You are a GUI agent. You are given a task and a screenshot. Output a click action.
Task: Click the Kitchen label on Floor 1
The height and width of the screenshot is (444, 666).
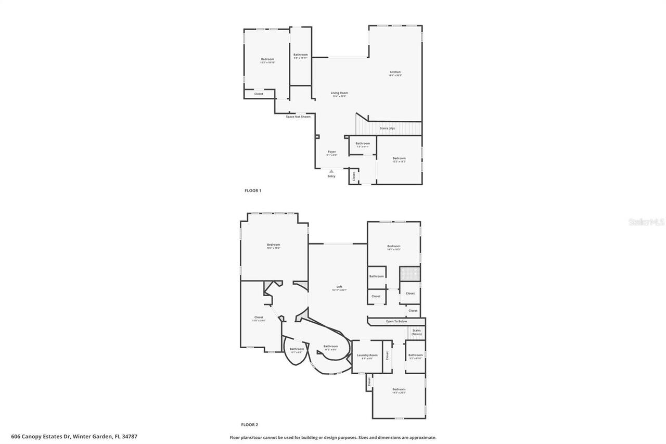(x=395, y=72)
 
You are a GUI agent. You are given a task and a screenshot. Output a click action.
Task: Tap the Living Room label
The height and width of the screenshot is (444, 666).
(x=339, y=93)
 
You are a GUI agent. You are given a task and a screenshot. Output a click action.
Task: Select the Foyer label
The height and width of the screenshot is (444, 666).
(x=331, y=152)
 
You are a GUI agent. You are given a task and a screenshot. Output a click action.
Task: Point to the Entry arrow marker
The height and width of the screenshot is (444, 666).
(x=331, y=171)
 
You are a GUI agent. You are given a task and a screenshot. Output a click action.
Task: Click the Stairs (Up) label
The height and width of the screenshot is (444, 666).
(x=387, y=128)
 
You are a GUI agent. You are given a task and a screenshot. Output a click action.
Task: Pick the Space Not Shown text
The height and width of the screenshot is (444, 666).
(x=298, y=117)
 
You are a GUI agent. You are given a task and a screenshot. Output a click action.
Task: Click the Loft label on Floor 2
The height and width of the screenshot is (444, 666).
(x=339, y=287)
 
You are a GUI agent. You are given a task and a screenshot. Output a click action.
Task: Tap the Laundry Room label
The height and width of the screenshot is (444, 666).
(x=367, y=355)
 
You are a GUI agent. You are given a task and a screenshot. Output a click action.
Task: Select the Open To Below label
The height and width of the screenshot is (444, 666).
(x=396, y=321)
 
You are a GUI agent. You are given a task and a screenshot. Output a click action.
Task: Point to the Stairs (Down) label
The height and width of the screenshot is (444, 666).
(x=416, y=332)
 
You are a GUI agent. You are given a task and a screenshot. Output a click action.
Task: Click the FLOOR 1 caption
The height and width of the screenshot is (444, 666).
(x=253, y=191)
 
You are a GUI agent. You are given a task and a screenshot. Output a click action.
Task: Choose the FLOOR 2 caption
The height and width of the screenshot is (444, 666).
(x=250, y=425)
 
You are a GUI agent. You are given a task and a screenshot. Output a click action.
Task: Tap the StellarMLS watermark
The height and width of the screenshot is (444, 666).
(x=646, y=222)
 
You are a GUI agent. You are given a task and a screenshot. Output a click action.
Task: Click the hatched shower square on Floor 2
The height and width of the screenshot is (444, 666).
(x=410, y=274)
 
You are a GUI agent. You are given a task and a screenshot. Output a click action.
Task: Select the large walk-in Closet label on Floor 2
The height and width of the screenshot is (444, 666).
(x=259, y=317)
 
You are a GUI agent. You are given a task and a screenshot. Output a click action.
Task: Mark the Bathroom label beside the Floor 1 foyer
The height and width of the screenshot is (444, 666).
(x=363, y=143)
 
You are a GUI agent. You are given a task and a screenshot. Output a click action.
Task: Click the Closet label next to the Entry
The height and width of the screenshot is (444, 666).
(x=353, y=176)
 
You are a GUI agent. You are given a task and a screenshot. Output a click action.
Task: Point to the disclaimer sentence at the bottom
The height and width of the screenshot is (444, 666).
(x=333, y=438)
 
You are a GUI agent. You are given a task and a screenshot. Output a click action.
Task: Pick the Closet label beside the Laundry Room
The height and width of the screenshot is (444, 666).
(x=387, y=356)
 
